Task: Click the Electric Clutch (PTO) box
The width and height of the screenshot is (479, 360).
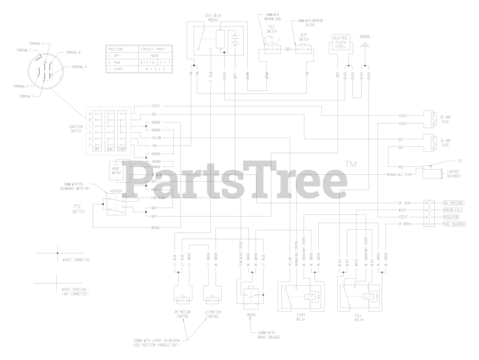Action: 341,43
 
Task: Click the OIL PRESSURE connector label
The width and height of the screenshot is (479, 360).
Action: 453,203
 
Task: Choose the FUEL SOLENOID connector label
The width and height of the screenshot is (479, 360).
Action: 454,224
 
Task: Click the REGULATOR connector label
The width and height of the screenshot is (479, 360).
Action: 451,217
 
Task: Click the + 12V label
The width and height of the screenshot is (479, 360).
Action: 457,161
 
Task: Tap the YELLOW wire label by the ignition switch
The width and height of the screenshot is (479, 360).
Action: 156,138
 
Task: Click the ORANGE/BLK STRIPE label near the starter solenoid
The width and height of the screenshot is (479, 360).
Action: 399,174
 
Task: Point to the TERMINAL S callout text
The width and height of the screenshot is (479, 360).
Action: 37,44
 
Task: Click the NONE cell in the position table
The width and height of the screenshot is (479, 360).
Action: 154,55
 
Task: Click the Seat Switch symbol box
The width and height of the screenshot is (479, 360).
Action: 303,49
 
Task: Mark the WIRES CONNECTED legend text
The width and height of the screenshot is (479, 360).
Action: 76,260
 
